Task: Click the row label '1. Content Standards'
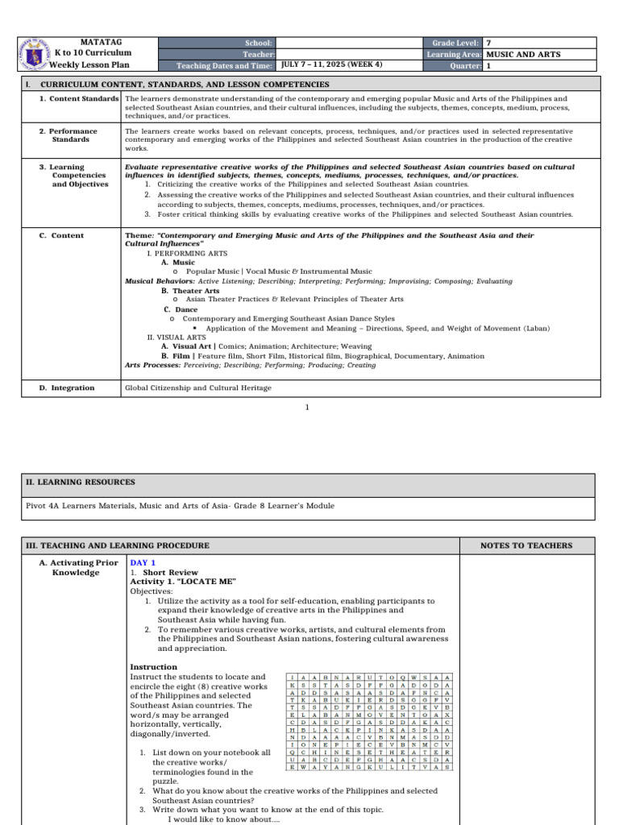(x=80, y=99)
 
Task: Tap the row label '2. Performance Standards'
(x=74, y=135)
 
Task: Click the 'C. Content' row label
(x=61, y=236)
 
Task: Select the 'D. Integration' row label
(x=67, y=388)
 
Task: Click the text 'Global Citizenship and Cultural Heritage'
(x=197, y=388)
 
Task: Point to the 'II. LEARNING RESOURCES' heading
(x=81, y=482)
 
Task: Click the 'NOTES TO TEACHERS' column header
(x=526, y=545)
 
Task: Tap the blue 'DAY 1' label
(x=143, y=562)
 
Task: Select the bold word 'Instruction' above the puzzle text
(x=153, y=667)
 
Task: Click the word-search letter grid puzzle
(x=369, y=722)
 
